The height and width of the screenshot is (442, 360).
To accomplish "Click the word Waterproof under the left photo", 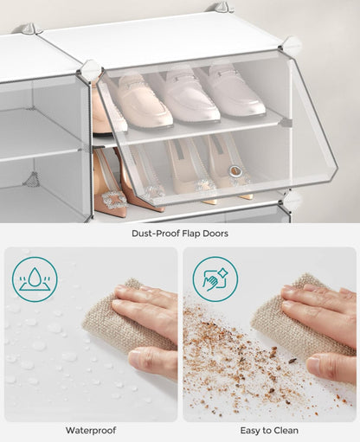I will coord(90,430).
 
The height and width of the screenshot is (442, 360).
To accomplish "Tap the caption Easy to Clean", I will coord(269,430).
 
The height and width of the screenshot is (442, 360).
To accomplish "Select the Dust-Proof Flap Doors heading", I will coord(180,233).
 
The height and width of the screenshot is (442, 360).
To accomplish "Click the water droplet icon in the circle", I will coord(35,279).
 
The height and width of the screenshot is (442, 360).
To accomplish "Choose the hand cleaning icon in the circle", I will coord(215,279).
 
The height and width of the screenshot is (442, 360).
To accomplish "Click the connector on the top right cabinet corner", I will coord(291,44).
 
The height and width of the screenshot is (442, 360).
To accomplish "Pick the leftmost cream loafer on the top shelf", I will coord(143,102).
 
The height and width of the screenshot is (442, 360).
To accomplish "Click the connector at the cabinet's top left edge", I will coord(33,29).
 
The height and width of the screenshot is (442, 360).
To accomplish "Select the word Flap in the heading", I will coord(192,233).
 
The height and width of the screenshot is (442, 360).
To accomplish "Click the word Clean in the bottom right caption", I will coord(286,430).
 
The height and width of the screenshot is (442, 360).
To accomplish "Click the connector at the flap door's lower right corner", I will coord(292,200).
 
